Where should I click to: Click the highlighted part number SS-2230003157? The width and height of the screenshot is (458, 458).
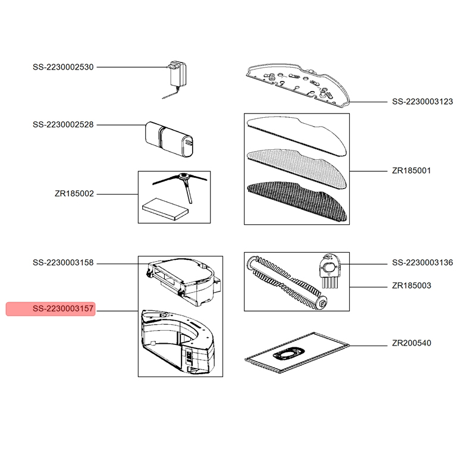(x=63, y=309)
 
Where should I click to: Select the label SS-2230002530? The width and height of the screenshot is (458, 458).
(x=63, y=67)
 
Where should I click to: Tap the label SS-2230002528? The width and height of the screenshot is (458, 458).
(x=63, y=124)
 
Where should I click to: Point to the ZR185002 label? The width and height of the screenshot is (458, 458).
(x=74, y=193)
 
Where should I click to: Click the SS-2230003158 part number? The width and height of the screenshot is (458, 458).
(x=63, y=262)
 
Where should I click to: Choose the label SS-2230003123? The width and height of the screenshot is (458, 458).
(x=422, y=101)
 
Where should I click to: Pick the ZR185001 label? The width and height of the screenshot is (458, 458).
(x=411, y=170)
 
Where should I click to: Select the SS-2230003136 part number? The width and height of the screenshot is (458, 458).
(x=422, y=262)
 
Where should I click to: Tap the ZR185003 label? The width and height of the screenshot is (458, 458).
(x=411, y=285)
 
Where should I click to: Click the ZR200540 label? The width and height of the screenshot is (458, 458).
(x=411, y=343)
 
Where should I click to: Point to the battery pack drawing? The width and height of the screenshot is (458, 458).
(x=169, y=139)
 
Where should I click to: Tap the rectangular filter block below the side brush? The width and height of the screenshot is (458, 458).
(x=165, y=209)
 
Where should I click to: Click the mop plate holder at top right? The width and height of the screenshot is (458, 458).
(x=298, y=84)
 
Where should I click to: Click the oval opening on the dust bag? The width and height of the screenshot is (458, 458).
(x=288, y=353)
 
